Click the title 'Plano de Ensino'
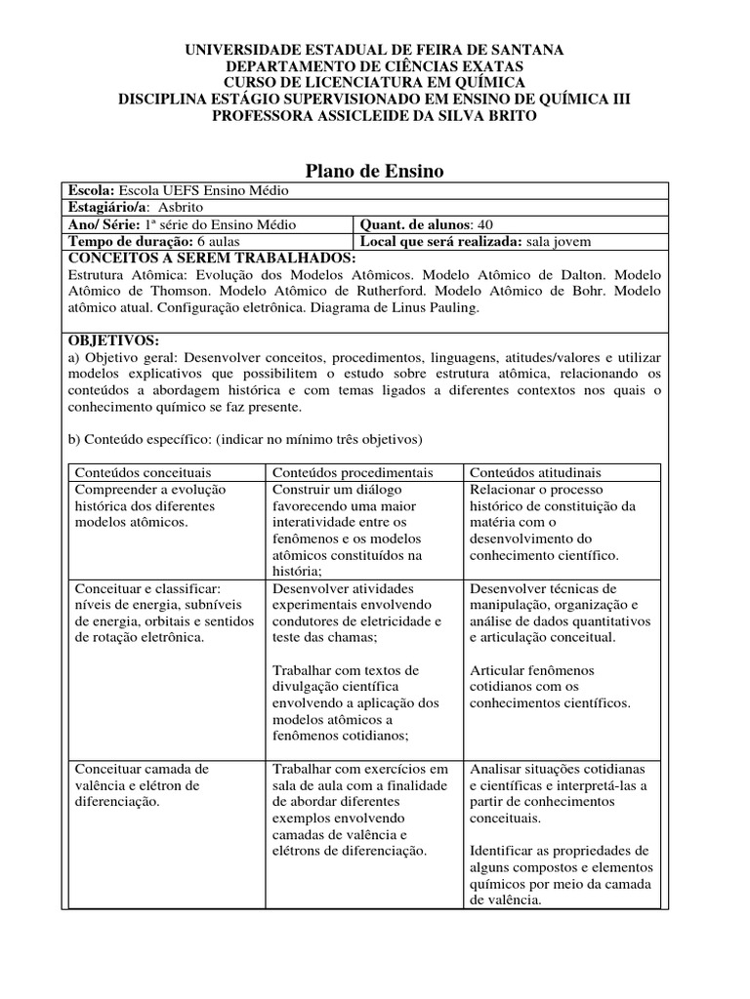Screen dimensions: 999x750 375,171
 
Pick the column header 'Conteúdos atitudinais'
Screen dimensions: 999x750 536,472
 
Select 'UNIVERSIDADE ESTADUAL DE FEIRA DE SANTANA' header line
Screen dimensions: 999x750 375,49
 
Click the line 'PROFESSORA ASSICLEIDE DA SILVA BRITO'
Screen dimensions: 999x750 375,115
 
